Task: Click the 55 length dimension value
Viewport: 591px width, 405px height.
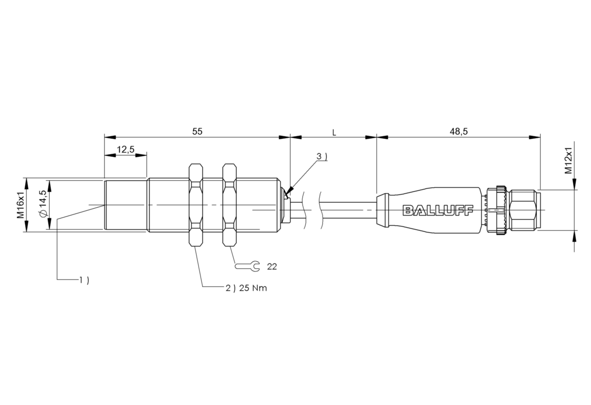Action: click(197, 131)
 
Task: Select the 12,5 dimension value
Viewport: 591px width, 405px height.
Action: click(125, 149)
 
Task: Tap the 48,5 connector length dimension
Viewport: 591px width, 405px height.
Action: click(458, 131)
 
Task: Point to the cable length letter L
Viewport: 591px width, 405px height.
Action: click(334, 133)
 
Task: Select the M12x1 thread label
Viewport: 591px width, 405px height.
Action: click(568, 161)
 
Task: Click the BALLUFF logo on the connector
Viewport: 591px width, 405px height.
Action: click(437, 210)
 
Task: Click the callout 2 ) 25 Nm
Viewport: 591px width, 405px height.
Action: click(246, 288)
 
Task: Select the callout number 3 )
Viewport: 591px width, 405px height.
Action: click(322, 157)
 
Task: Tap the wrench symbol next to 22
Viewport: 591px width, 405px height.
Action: click(248, 267)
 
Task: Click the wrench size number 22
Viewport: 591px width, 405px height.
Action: click(272, 267)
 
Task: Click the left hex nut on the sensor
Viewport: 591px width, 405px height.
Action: click(195, 205)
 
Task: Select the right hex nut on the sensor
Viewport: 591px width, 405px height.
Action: click(230, 205)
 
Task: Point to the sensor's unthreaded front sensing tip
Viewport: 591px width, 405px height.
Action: click(126, 205)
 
